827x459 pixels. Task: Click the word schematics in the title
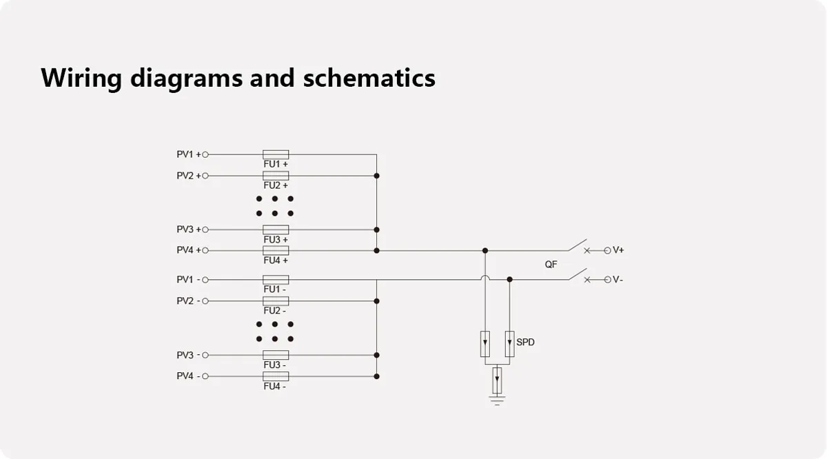tap(369, 77)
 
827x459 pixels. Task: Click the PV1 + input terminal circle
tap(205, 154)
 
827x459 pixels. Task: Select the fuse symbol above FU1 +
tap(276, 154)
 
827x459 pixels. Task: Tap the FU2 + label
tap(276, 185)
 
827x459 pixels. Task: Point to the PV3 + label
tap(188, 229)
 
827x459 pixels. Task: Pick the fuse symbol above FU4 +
tap(276, 250)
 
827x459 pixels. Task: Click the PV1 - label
tap(188, 280)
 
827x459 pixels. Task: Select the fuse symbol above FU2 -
tap(276, 301)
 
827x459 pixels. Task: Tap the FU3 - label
tap(274, 365)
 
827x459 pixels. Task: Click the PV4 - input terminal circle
tap(205, 376)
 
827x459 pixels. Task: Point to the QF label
tap(551, 265)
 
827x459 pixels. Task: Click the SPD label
tap(525, 342)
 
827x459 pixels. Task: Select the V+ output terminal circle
tap(607, 250)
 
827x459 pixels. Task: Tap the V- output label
tap(618, 280)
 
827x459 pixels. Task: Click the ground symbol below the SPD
tap(497, 399)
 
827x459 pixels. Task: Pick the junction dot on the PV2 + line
tap(376, 176)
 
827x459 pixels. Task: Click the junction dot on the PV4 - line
tap(376, 376)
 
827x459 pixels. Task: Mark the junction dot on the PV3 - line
tap(376, 355)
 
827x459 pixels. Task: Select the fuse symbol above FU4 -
tap(276, 376)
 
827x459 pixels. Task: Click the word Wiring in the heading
tap(81, 77)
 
